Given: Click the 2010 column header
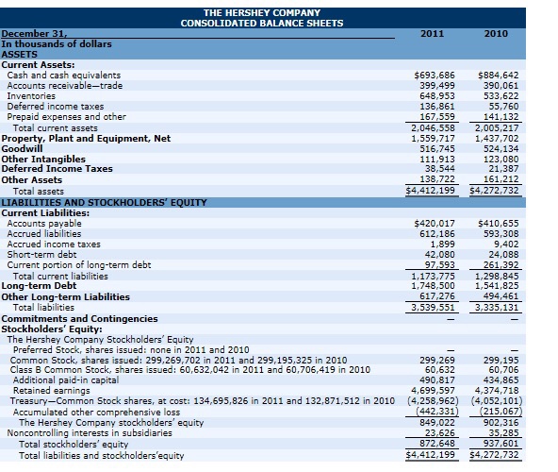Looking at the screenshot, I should click(x=496, y=33).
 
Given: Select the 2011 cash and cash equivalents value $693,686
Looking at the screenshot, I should click(x=435, y=75).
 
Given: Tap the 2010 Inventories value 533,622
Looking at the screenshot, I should click(x=501, y=95).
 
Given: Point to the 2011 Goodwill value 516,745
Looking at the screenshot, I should click(x=437, y=148).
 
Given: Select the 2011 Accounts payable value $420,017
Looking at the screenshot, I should click(x=435, y=223).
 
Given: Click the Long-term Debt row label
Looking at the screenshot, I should click(x=34, y=285).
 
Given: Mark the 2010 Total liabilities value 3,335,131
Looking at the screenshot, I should click(x=496, y=307).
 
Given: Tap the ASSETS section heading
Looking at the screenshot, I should click(x=20, y=54).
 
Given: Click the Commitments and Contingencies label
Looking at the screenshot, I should click(x=80, y=318).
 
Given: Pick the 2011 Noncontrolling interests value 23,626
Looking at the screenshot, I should click(x=439, y=433).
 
